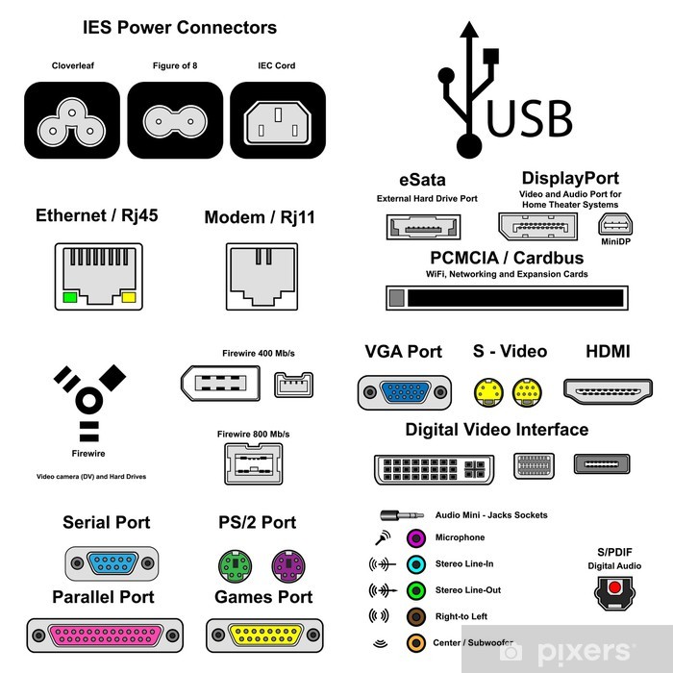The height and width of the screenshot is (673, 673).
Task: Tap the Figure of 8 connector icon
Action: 175,120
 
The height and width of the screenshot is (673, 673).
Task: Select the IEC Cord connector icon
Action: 278,120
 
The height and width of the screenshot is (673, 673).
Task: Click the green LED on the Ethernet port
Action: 70,298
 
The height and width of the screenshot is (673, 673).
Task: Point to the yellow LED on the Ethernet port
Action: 129,298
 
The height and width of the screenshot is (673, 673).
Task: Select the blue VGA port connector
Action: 404,392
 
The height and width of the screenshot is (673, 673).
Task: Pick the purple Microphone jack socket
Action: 415,537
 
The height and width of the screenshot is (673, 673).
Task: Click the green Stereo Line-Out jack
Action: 415,589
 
